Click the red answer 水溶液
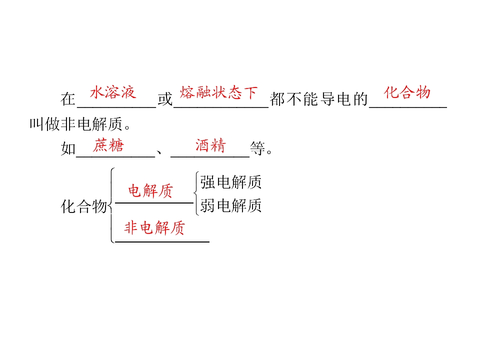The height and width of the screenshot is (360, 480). point(113,92)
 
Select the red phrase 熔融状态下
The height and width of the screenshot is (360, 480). point(218,92)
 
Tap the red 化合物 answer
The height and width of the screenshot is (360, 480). point(407,92)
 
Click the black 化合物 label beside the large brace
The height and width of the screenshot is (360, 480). point(84,206)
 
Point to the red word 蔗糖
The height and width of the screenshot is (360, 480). point(108,145)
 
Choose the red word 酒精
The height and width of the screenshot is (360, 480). point(210,145)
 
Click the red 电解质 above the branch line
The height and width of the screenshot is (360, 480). point(150,190)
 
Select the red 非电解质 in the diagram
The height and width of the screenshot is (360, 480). point(154,228)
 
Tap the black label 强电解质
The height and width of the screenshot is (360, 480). point(231,182)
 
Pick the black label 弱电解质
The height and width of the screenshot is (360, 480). point(231,205)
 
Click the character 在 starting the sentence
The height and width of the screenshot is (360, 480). point(68,99)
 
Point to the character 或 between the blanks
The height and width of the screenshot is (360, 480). point(165,99)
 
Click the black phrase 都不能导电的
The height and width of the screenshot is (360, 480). point(318,99)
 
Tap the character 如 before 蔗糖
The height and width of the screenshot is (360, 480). point(68,148)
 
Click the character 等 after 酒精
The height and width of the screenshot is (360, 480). point(257,148)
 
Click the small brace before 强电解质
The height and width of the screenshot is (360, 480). point(196,193)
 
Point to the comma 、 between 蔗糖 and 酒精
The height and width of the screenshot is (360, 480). point(159,152)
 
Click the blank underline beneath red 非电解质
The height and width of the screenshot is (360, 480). point(162,242)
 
